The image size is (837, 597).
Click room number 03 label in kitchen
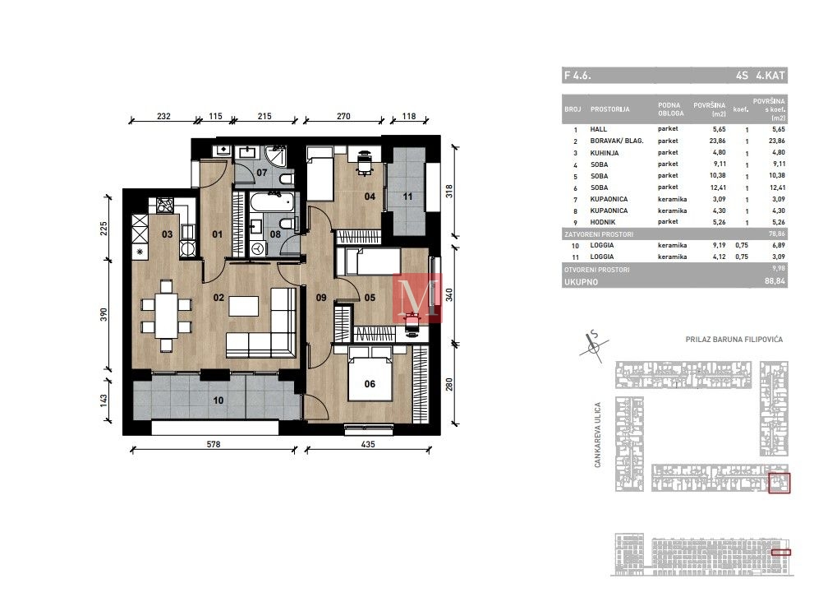(x=167, y=234)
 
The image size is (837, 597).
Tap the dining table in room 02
(x=167, y=315)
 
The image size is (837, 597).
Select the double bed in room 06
(x=370, y=373)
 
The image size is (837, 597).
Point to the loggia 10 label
(x=218, y=400)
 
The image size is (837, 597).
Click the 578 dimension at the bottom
(x=214, y=443)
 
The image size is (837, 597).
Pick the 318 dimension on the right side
(x=449, y=191)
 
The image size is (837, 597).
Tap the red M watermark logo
(x=417, y=298)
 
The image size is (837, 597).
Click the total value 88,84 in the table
(x=775, y=281)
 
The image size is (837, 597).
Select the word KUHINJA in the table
(x=605, y=153)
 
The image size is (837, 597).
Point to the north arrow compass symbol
(x=593, y=345)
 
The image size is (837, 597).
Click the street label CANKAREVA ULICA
(x=598, y=434)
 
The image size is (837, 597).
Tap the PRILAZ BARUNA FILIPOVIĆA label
(x=734, y=340)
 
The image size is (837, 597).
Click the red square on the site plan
(x=779, y=483)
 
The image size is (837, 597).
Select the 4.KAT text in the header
(x=770, y=76)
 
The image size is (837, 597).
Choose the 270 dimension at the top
(x=343, y=116)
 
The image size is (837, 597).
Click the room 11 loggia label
(x=408, y=197)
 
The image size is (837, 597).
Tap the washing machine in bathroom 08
(x=259, y=249)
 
